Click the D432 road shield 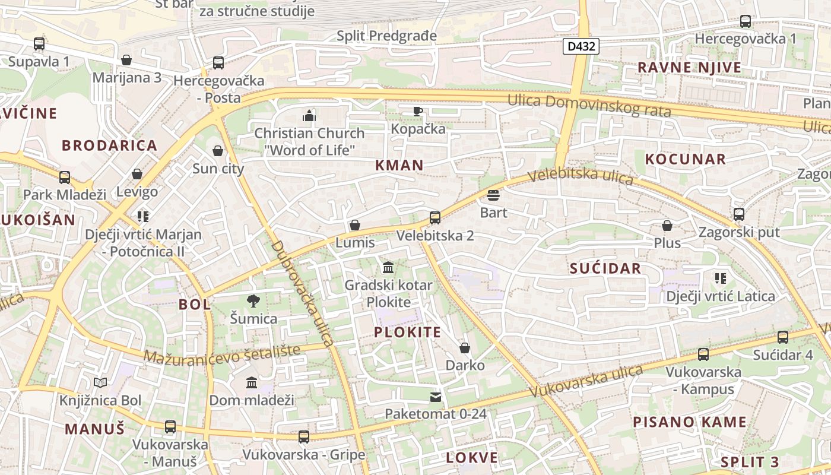(581, 46)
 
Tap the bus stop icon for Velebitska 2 (435, 218)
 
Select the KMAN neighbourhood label (399, 166)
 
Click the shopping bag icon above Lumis (355, 225)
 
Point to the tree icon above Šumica (253, 301)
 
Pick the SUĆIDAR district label (605, 268)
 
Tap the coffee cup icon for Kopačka (418, 111)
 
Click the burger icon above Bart (493, 195)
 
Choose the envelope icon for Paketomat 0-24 (436, 397)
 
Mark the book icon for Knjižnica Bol (100, 383)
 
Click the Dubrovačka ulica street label (302, 294)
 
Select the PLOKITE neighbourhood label (408, 332)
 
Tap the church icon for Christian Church (309, 115)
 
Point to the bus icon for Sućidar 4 (783, 337)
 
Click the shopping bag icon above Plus (667, 226)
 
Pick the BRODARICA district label (110, 145)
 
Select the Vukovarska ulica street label (585, 382)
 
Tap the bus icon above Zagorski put (739, 214)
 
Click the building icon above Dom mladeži (252, 382)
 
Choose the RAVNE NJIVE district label (690, 68)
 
